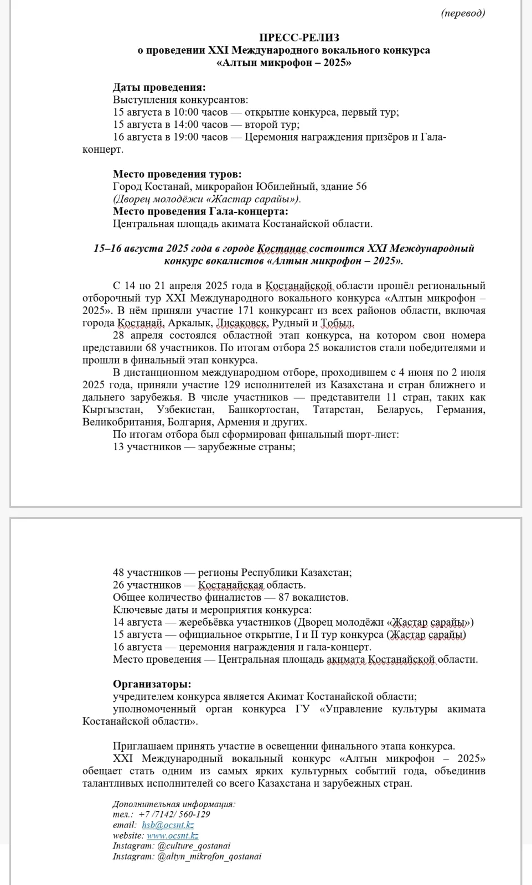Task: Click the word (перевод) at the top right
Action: [x=463, y=13]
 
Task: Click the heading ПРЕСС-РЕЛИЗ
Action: [x=283, y=38]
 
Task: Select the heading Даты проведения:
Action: [x=159, y=87]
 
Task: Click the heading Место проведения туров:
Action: [x=177, y=174]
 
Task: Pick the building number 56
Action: [x=361, y=186]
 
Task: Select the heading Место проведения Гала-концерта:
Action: [x=200, y=211]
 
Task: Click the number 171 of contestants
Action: [x=245, y=310]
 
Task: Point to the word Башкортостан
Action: [x=263, y=410]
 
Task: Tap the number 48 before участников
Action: [x=118, y=572]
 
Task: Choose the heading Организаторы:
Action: [x=152, y=684]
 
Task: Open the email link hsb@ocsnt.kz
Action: [x=168, y=825]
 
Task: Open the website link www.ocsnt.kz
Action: [x=172, y=835]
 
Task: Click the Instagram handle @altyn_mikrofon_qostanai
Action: [x=209, y=856]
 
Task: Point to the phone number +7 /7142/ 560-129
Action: [x=174, y=814]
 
